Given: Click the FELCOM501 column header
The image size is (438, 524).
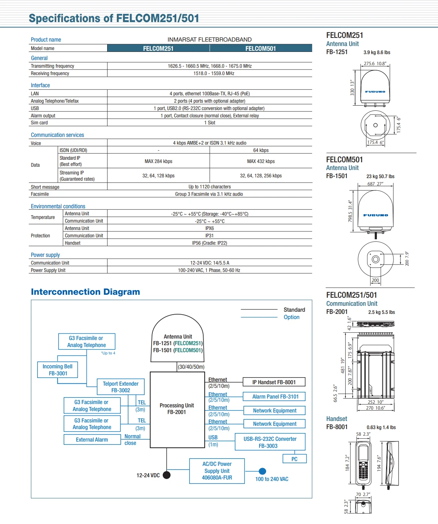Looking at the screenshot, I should pyautogui.click(x=261, y=48).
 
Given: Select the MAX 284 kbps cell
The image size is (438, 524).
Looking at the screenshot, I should pyautogui.click(x=158, y=161).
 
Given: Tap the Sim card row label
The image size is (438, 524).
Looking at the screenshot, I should pyautogui.click(x=39, y=123).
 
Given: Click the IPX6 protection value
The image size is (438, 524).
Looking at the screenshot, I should pyautogui.click(x=209, y=229).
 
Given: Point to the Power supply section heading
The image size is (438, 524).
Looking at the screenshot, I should pyautogui.click(x=45, y=255).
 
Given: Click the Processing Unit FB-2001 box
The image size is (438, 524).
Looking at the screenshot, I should pyautogui.click(x=177, y=409).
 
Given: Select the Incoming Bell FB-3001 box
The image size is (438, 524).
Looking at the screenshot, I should pyautogui.click(x=58, y=370).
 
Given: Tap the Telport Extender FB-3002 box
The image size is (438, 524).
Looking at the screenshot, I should pyautogui.click(x=121, y=387).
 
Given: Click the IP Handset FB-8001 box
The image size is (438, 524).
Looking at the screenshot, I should pyautogui.click(x=274, y=382).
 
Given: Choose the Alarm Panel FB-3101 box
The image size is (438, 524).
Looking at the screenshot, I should pyautogui.click(x=275, y=396).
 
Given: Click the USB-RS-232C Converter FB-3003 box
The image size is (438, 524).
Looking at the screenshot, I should pyautogui.click(x=270, y=442).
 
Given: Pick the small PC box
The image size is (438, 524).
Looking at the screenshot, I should pyautogui.click(x=294, y=459).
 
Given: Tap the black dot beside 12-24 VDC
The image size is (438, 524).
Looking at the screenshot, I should pyautogui.click(x=166, y=475).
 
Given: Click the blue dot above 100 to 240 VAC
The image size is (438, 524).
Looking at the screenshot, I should pyautogui.click(x=262, y=471).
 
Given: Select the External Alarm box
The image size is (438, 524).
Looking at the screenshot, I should pyautogui.click(x=92, y=439).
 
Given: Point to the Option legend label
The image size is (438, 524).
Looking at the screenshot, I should pyautogui.click(x=291, y=317).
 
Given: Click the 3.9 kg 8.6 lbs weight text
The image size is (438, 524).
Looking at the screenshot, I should pyautogui.click(x=377, y=53).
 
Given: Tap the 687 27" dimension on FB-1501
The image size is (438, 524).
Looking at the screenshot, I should pyautogui.click(x=375, y=184).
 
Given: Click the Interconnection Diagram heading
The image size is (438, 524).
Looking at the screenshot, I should pyautogui.click(x=85, y=292).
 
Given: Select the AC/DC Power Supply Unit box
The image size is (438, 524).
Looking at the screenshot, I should pyautogui.click(x=217, y=471).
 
